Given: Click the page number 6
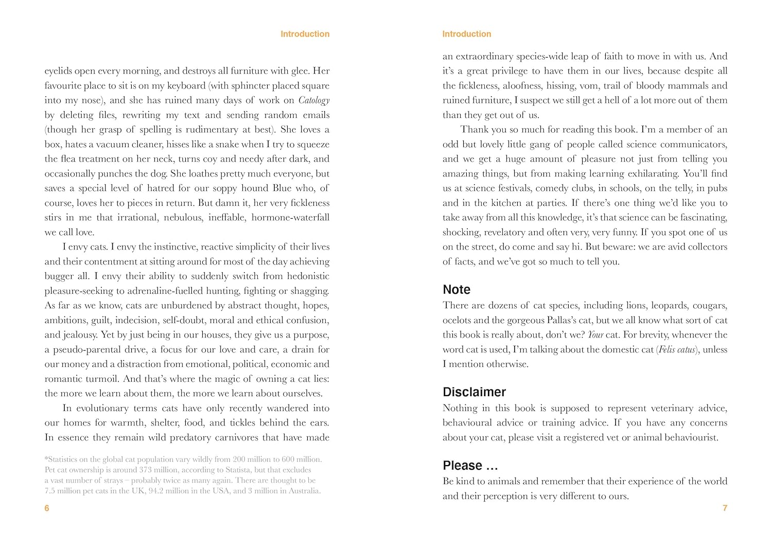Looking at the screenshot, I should point(47,508).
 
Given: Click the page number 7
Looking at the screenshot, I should point(725,508).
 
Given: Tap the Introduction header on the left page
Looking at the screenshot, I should point(305,34).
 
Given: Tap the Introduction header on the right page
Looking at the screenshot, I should point(467,34).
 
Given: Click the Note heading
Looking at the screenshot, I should point(457,290).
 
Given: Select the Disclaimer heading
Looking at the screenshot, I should point(474,392).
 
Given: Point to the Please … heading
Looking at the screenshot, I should point(470,466).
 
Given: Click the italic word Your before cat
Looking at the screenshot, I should point(595,335).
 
